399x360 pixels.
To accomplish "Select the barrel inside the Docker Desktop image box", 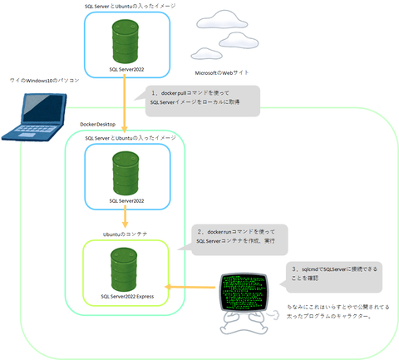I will (126, 172).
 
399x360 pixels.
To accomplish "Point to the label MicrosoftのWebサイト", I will (221, 72).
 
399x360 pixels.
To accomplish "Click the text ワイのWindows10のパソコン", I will (44, 81).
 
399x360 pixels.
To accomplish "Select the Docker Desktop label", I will (101, 124).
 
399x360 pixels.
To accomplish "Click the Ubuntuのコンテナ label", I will (125, 234).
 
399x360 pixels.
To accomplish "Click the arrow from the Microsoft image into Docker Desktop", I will (126, 104).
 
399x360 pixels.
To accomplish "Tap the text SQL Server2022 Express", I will (126, 294).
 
